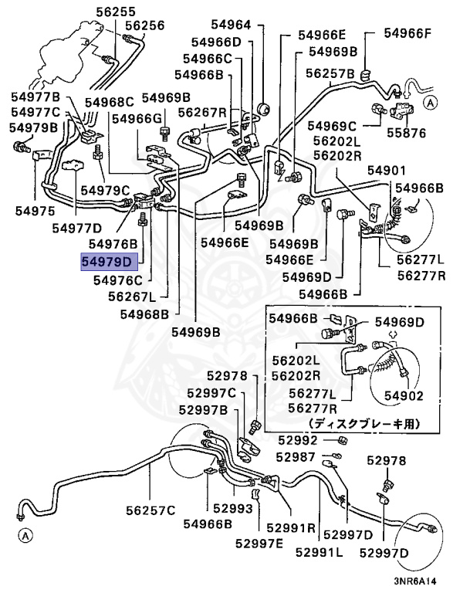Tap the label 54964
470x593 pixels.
231,25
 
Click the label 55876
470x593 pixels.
406,133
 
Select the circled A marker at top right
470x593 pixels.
431,101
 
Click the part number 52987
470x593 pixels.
296,457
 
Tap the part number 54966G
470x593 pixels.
137,118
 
